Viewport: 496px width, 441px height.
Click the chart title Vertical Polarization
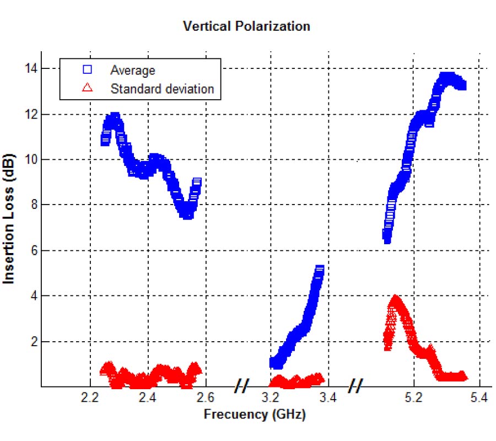[x=246, y=26]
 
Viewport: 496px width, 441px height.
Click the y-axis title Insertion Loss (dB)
[x=9, y=219]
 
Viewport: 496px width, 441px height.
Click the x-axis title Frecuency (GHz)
[x=255, y=413]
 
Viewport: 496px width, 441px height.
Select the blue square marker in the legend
[x=87, y=70]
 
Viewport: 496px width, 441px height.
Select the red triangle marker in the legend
[x=87, y=88]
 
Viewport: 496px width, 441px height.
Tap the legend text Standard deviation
[x=162, y=88]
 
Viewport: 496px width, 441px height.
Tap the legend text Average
[x=133, y=70]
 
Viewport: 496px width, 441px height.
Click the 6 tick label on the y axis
[x=31, y=250]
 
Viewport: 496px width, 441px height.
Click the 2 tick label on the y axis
[x=31, y=341]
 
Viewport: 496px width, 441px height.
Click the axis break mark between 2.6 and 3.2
[x=240, y=386]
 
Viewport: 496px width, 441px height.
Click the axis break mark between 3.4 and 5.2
[x=355, y=386]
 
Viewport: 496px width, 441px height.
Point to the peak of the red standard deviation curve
[x=395, y=300]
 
